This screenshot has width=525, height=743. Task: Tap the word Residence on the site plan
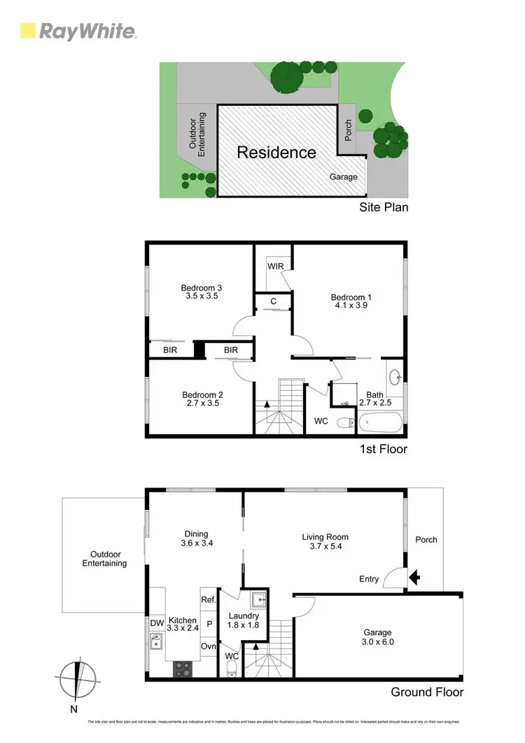[276, 153]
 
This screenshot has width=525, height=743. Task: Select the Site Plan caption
[384, 207]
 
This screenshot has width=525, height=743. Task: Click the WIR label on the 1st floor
[274, 267]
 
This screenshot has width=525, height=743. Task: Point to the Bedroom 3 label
[201, 288]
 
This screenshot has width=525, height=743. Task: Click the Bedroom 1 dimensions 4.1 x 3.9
[351, 307]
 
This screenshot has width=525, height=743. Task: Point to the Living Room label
[325, 537]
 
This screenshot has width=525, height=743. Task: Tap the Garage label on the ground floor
[377, 632]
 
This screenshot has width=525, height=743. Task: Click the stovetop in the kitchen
[183, 669]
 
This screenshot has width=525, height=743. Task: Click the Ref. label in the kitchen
[208, 599]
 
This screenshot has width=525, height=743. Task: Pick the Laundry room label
[244, 616]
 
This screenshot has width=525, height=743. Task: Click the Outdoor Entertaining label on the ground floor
[104, 558]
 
